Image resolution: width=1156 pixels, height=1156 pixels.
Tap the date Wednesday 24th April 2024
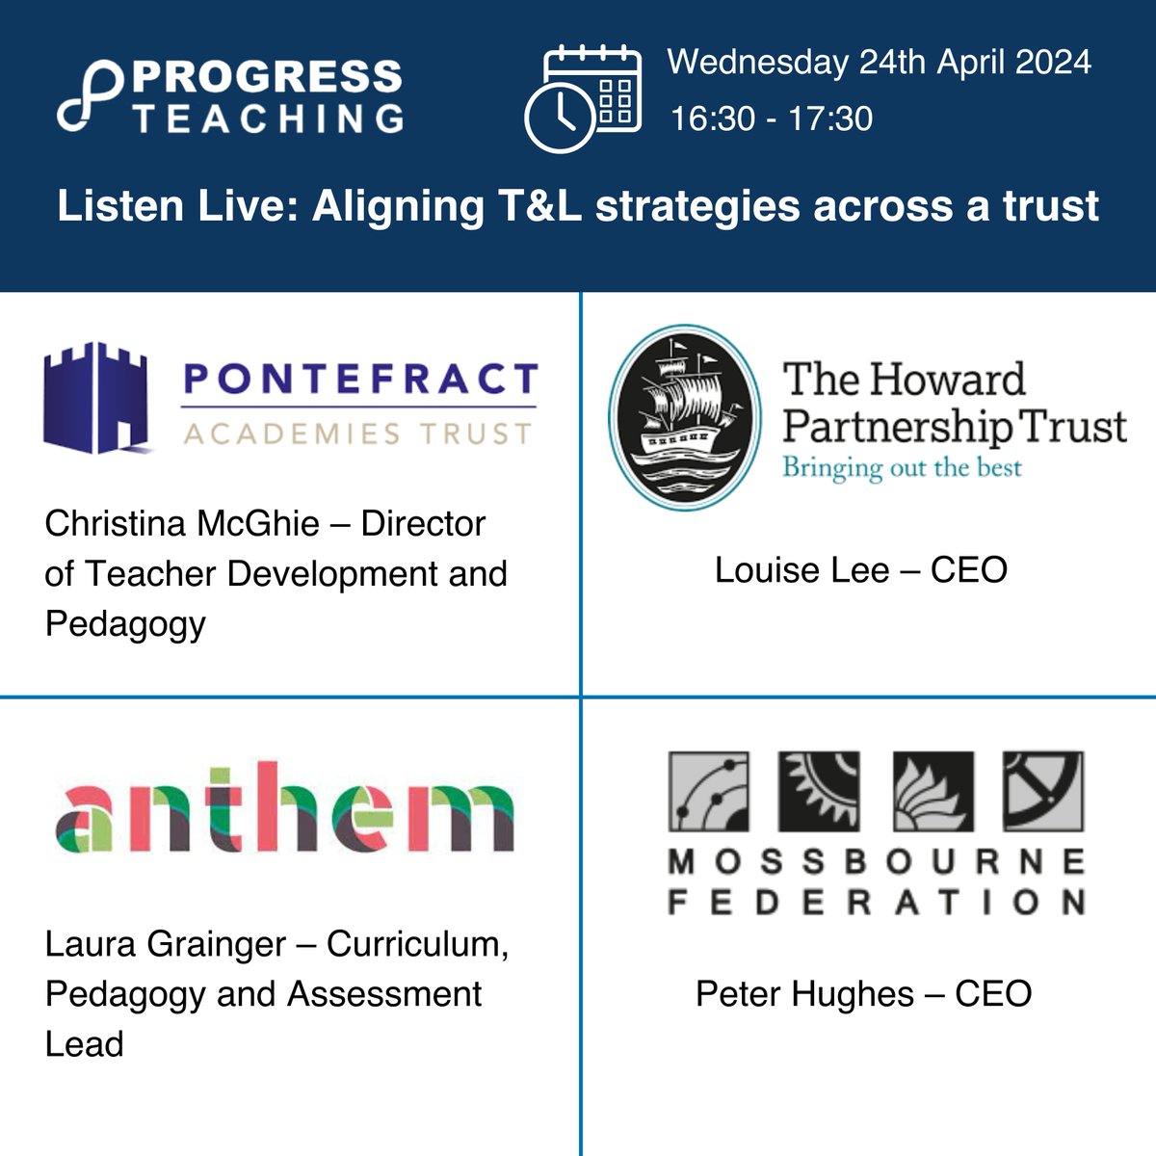pyautogui.click(x=879, y=63)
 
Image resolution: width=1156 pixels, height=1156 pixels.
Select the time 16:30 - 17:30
pyautogui.click(x=771, y=118)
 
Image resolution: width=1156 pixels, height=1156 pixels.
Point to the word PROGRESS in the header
pyautogui.click(x=269, y=76)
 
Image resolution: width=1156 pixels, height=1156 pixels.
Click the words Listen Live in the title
pyautogui.click(x=177, y=206)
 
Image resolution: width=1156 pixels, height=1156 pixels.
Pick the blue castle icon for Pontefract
pyautogui.click(x=94, y=397)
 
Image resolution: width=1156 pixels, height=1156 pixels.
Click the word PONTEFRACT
pyautogui.click(x=359, y=380)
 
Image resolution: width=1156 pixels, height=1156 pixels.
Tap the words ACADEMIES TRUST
pyautogui.click(x=357, y=434)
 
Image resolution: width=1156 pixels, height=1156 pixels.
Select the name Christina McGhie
pyautogui.click(x=182, y=524)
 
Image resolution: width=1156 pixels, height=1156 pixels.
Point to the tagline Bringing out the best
pyautogui.click(x=902, y=468)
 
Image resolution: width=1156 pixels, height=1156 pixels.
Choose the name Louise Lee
pyautogui.click(x=801, y=570)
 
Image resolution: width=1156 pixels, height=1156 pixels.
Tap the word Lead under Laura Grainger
pyautogui.click(x=85, y=1044)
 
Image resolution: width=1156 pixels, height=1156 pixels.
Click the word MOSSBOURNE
pyautogui.click(x=876, y=860)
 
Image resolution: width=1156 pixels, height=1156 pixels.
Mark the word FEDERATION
pyautogui.click(x=876, y=902)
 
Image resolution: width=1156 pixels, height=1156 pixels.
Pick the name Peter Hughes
pyautogui.click(x=804, y=994)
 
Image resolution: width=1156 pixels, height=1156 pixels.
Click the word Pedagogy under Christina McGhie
pyautogui.click(x=125, y=624)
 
